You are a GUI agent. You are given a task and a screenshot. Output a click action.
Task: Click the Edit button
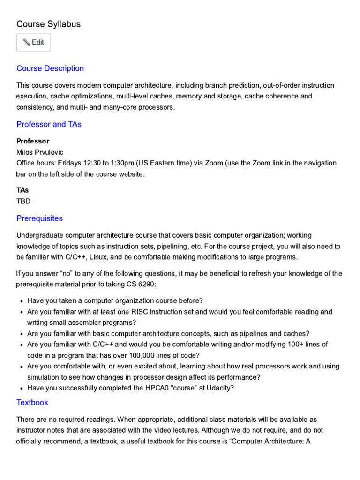(x=33, y=42)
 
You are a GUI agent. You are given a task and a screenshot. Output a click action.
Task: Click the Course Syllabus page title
(x=48, y=24)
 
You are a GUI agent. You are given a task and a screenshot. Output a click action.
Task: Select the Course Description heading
(x=50, y=68)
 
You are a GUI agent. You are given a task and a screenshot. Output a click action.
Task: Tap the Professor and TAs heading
(x=49, y=124)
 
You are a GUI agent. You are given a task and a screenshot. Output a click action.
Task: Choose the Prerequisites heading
(x=39, y=218)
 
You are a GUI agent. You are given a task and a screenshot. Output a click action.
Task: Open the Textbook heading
(x=32, y=403)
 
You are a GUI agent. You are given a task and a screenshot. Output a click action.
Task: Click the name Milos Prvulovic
(x=40, y=152)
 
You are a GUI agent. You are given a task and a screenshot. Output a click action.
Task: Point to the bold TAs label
(x=22, y=190)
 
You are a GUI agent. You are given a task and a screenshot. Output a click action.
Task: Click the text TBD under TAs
(x=23, y=201)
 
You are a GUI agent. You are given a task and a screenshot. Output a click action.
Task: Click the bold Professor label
(x=33, y=141)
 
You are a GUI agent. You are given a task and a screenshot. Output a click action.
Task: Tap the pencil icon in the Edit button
(x=26, y=43)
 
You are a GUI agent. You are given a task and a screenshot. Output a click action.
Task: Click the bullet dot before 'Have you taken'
(x=22, y=301)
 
